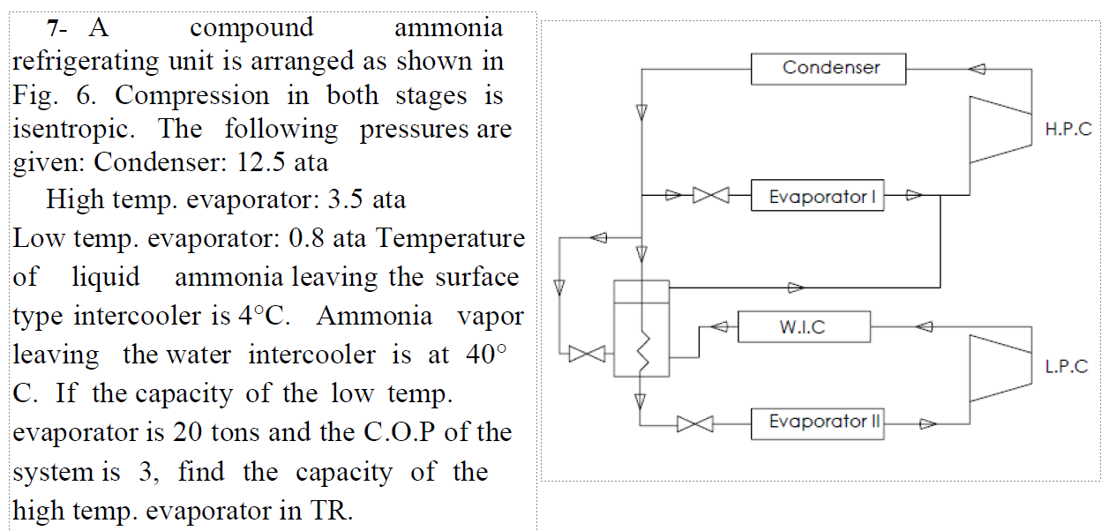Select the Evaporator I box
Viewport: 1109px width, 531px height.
pyautogui.click(x=817, y=196)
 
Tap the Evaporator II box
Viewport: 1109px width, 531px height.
pyautogui.click(x=817, y=423)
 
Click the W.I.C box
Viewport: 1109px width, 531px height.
pyautogui.click(x=803, y=327)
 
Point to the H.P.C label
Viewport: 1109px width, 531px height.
pyautogui.click(x=1068, y=130)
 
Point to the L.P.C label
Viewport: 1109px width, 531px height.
pyautogui.click(x=1067, y=367)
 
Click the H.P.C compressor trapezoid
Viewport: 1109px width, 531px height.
pyautogui.click(x=1000, y=130)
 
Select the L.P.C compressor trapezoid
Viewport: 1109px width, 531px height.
pyautogui.click(x=1000, y=367)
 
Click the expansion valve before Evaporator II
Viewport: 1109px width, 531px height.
pyautogui.click(x=695, y=424)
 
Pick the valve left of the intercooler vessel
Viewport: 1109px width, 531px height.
pyautogui.click(x=585, y=355)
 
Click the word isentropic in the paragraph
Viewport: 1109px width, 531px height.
pyautogui.click(x=73, y=130)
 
